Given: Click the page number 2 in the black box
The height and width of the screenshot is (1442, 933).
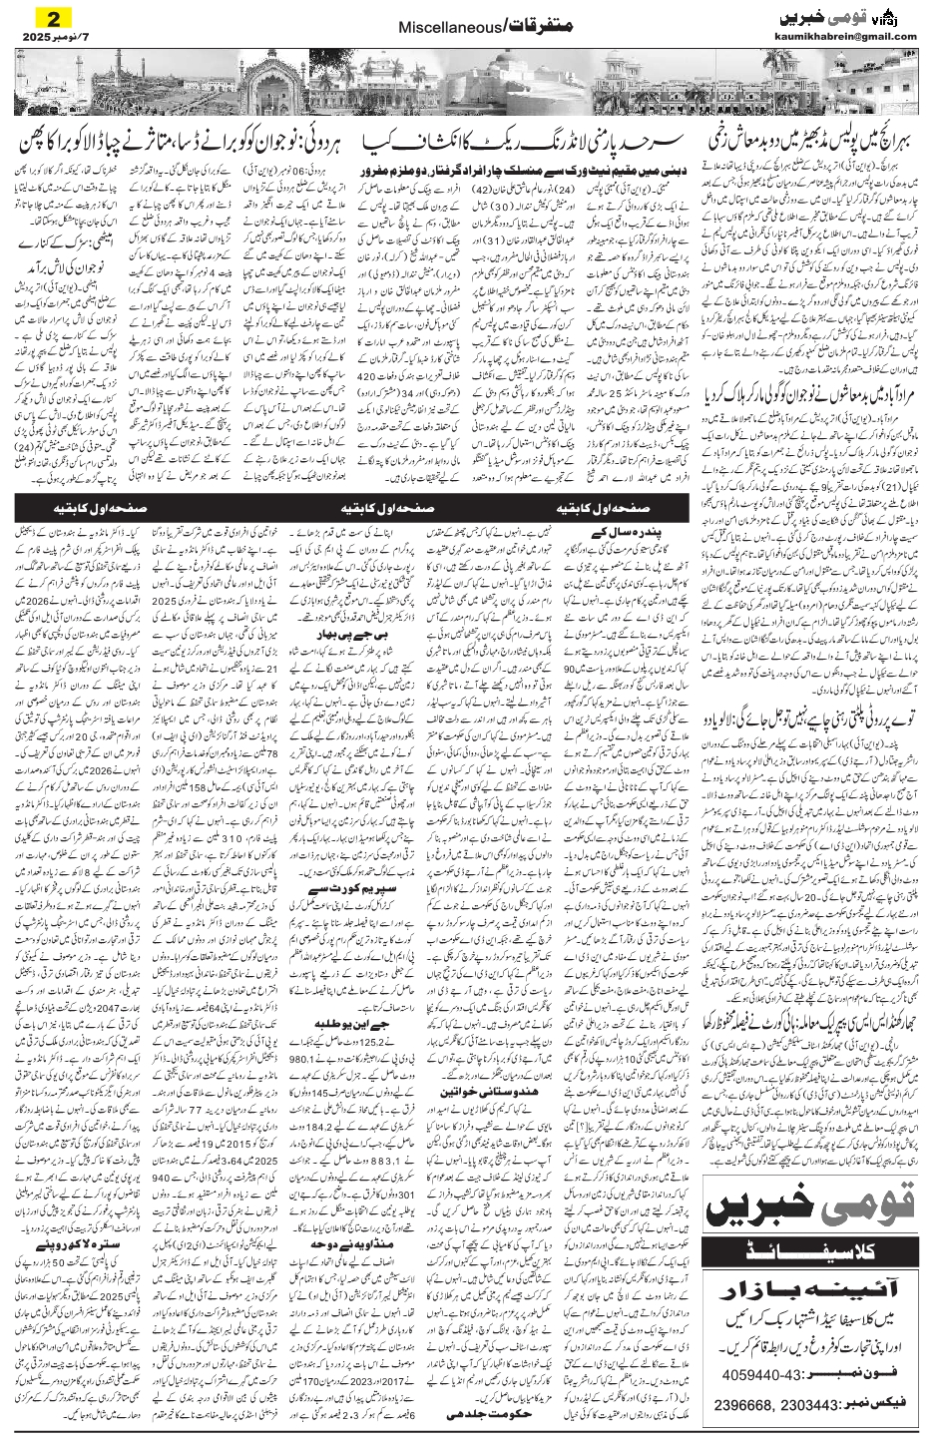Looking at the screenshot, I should tap(47, 18).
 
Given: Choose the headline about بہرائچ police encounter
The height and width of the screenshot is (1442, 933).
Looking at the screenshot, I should tap(809, 138).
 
